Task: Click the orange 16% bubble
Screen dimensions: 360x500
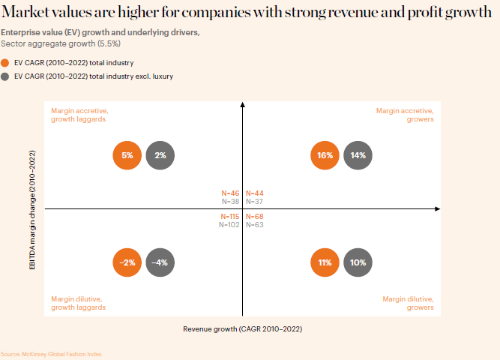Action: pos(325,156)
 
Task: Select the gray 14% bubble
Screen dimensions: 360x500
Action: pos(358,156)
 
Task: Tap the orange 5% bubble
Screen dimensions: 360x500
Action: pos(127,156)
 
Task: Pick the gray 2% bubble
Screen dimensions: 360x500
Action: pos(160,156)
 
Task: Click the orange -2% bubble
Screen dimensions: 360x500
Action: pos(127,263)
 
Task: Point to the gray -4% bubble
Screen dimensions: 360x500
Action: pos(160,263)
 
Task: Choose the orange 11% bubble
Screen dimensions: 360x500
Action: pos(325,263)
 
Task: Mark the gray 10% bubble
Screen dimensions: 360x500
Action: pos(358,263)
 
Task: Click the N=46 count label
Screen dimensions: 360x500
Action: pos(230,193)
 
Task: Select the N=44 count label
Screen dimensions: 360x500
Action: pos(255,193)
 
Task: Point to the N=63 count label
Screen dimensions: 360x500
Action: pos(255,224)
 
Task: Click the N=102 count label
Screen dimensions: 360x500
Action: pos(229,224)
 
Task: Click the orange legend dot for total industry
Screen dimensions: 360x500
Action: pos(6,64)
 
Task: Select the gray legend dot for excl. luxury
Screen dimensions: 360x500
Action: pos(6,76)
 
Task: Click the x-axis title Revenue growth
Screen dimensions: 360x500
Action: pos(242,328)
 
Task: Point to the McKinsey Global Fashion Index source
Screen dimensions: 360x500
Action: pos(50,354)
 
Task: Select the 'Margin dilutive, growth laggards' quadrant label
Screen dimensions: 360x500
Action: pos(78,303)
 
